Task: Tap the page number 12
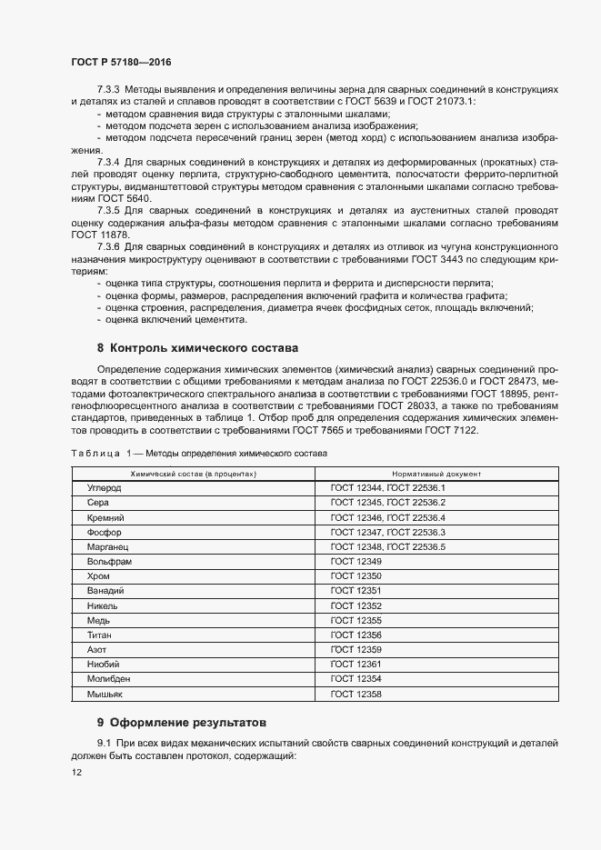[x=76, y=772]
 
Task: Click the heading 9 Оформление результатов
[x=182, y=723]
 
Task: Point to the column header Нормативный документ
[x=436, y=475]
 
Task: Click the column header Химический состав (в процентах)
[x=193, y=475]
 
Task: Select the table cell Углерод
[x=104, y=488]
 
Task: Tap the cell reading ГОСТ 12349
[x=356, y=562]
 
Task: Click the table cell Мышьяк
[x=105, y=694]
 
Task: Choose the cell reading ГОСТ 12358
[x=356, y=694]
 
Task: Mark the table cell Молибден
[x=108, y=679]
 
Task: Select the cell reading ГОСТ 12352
[x=356, y=605]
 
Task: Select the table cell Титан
[x=100, y=635]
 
